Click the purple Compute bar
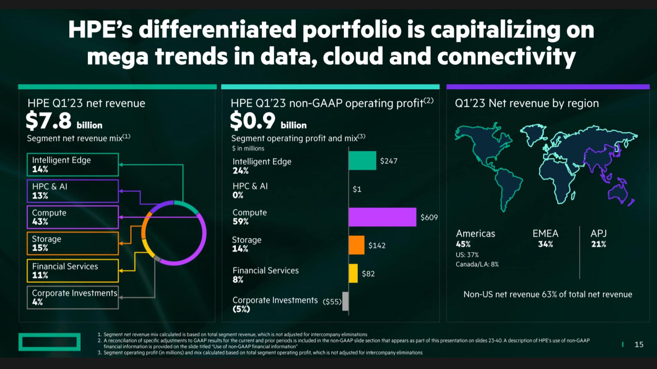coord(382,217)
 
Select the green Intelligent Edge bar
coord(362,160)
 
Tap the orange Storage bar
coord(356,245)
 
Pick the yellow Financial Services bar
coord(353,273)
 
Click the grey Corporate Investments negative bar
coord(345,301)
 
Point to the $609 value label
coord(429,217)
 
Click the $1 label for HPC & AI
coord(357,189)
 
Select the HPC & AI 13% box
coord(72,191)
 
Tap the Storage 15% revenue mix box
coord(72,243)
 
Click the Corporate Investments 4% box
coord(72,297)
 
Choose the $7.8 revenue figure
coord(49,120)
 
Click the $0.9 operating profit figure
coord(253,120)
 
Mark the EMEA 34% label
coord(545,239)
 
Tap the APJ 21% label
coord(598,239)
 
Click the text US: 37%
coord(467,255)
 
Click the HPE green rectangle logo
coord(49,342)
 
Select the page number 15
coord(639,344)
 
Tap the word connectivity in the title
coord(506,57)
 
